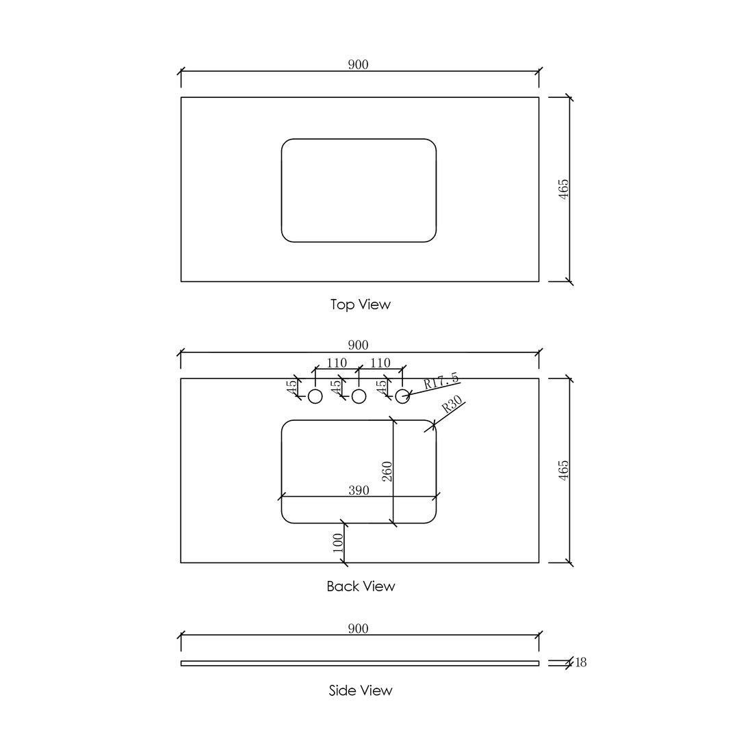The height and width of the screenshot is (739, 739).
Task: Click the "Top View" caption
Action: (361, 304)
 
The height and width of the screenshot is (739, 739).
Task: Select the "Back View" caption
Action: (361, 586)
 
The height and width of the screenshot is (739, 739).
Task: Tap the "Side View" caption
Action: (361, 690)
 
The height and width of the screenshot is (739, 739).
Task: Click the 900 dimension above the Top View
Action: (358, 64)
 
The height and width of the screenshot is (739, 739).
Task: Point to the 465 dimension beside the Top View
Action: (564, 190)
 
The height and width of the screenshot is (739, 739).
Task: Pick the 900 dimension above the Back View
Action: (358, 345)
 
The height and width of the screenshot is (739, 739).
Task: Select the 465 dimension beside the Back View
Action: (564, 470)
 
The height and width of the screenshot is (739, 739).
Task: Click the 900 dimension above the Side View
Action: (358, 629)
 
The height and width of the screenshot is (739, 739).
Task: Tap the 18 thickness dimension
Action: (581, 662)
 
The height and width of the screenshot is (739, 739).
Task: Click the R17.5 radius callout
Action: (441, 380)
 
